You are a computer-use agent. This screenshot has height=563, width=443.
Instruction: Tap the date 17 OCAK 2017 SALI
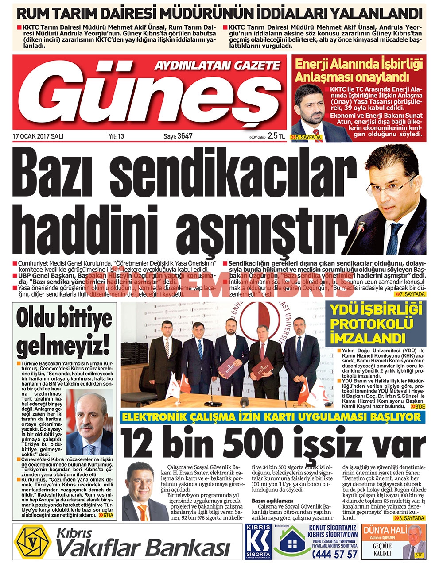38,136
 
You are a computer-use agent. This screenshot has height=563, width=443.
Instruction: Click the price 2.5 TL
276,136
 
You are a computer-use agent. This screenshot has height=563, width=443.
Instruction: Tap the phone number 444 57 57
335,554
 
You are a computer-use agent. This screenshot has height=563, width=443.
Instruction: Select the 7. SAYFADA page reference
410,294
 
